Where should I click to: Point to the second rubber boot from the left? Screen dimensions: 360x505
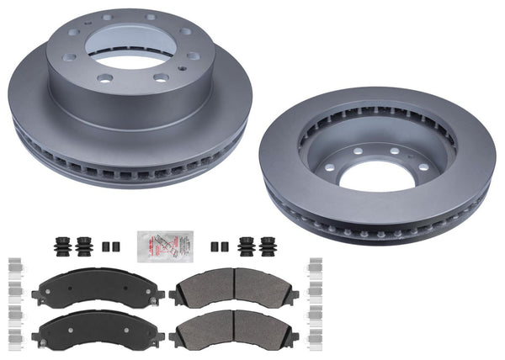[84, 246]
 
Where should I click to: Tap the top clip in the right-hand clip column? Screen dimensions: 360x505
[316, 264]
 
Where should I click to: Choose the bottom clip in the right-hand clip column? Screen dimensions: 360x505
[316, 346]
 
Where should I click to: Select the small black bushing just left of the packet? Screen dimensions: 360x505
[108, 246]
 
